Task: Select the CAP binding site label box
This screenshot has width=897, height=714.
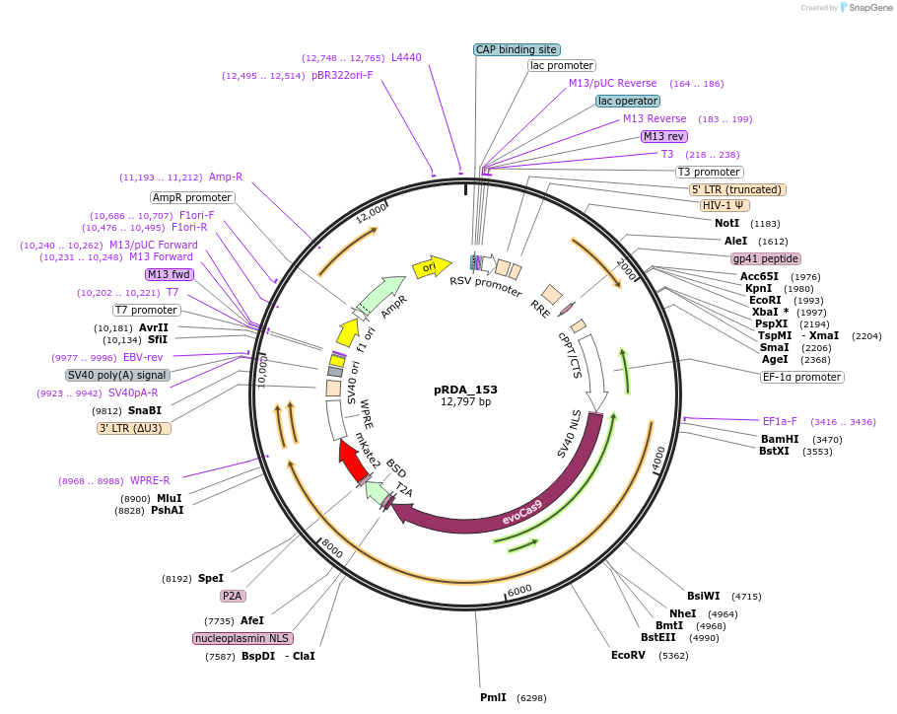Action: pyautogui.click(x=517, y=49)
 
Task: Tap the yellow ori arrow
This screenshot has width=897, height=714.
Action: pyautogui.click(x=431, y=266)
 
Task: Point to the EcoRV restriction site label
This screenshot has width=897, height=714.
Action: pyautogui.click(x=628, y=655)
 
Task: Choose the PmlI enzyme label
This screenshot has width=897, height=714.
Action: pyautogui.click(x=493, y=697)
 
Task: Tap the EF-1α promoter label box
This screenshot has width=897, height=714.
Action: pyautogui.click(x=802, y=377)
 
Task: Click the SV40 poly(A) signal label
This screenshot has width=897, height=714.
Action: pyautogui.click(x=117, y=375)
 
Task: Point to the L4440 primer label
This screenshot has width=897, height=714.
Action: pyautogui.click(x=406, y=57)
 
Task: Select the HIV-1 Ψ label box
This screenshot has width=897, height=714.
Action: pyautogui.click(x=724, y=206)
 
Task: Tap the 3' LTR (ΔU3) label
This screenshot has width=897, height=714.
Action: pyautogui.click(x=134, y=428)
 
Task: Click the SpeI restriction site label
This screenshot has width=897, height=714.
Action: pyautogui.click(x=211, y=578)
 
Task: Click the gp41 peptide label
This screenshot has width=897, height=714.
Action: pyautogui.click(x=765, y=258)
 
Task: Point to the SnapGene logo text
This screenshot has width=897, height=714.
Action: pyautogui.click(x=870, y=8)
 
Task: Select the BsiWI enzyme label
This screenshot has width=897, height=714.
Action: pyautogui.click(x=704, y=596)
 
